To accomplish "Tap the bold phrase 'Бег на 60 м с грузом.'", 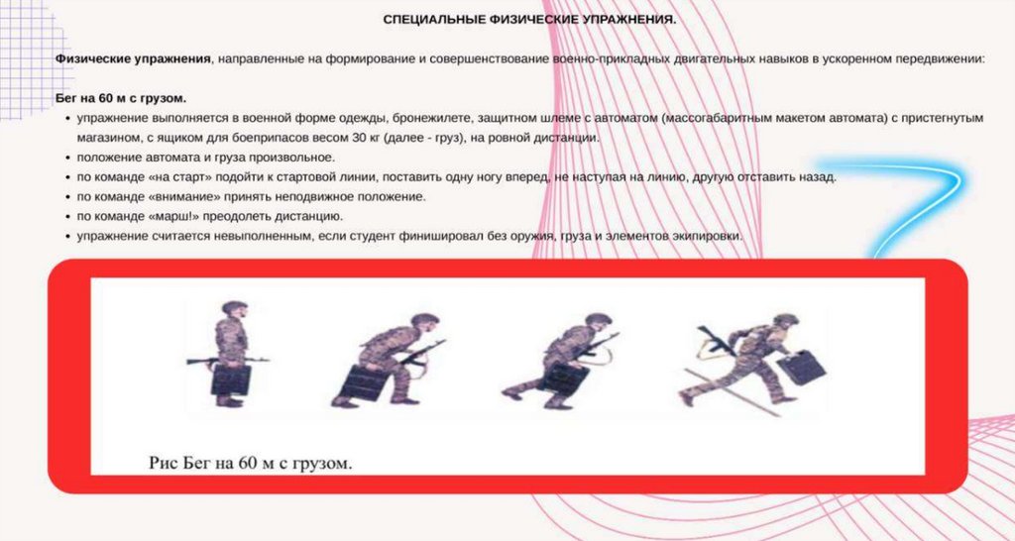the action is click(x=121, y=98).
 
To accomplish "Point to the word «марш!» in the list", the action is click(x=150, y=216).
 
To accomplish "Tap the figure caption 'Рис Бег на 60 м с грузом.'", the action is click(x=251, y=463).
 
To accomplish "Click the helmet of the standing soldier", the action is click(x=233, y=307).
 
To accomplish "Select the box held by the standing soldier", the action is click(x=230, y=380).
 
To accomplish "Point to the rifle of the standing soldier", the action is click(x=227, y=360).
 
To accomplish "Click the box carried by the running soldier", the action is click(x=801, y=367).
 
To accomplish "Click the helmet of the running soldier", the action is click(x=786, y=319).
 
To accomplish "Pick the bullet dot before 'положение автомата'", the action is click(x=68, y=158).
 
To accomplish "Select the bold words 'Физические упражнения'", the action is click(x=134, y=58).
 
